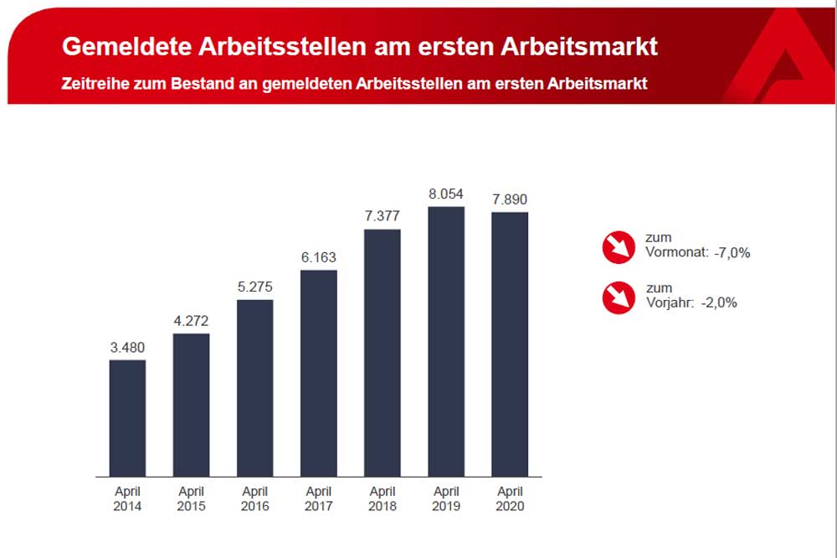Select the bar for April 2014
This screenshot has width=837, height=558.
pyautogui.click(x=127, y=418)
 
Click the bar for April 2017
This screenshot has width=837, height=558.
pyautogui.click(x=318, y=373)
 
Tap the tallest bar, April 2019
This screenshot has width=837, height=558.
pyautogui.click(x=445, y=341)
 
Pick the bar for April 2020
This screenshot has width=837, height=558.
pyautogui.click(x=510, y=344)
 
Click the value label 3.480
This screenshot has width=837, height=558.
pyautogui.click(x=127, y=348)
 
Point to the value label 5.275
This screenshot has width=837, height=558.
pyautogui.click(x=254, y=287)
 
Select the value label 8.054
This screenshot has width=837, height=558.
pyautogui.click(x=445, y=194)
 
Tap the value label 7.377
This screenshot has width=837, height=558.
pyautogui.click(x=382, y=216)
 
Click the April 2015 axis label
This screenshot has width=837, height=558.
pyautogui.click(x=191, y=499)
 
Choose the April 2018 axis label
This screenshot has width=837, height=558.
pyautogui.click(x=382, y=499)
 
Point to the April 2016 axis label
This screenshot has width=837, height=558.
pyautogui.click(x=254, y=499)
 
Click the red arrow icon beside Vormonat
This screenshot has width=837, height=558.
pyautogui.click(x=619, y=245)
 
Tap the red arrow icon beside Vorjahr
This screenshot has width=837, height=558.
pyautogui.click(x=619, y=297)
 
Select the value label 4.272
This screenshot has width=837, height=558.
pyautogui.click(x=191, y=321)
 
